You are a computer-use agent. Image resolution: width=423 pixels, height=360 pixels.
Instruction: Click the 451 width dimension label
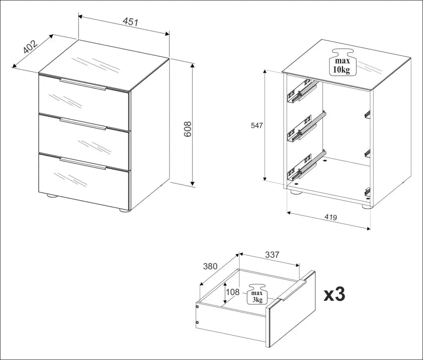pyautogui.click(x=130, y=22)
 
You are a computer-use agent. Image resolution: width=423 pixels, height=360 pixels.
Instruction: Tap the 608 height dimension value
pyautogui.click(x=187, y=129)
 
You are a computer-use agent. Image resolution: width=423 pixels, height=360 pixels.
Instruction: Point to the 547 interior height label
pyautogui.click(x=257, y=125)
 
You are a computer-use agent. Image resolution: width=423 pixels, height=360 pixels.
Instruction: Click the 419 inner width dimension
pyautogui.click(x=331, y=217)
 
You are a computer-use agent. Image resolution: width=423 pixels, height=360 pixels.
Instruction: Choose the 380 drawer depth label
pyautogui.click(x=210, y=266)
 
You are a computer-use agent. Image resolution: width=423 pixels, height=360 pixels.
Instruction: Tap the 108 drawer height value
pyautogui.click(x=233, y=292)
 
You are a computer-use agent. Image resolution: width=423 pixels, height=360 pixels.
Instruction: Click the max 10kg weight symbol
pyautogui.click(x=343, y=62)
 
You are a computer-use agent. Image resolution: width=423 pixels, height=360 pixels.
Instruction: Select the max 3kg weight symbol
pyautogui.click(x=257, y=295)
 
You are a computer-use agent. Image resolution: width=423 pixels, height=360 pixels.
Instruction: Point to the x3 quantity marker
pyautogui.click(x=334, y=295)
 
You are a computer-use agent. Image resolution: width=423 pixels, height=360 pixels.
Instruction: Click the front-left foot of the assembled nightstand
pyautogui.click(x=51, y=196)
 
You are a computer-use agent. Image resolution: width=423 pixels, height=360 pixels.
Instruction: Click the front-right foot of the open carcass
pyautogui.click(x=366, y=207)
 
